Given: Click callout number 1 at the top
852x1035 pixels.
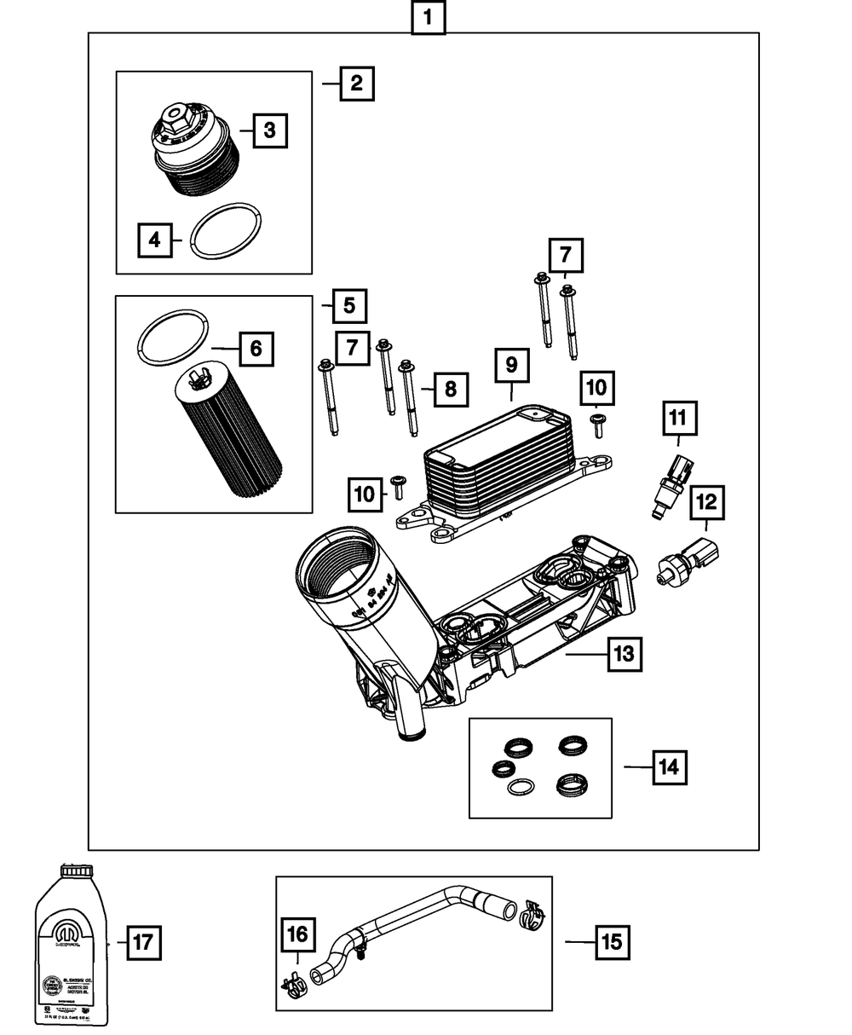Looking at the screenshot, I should point(428,17).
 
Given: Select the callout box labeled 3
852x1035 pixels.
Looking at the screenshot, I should point(269,130).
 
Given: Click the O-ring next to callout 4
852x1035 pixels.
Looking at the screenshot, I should point(225,231).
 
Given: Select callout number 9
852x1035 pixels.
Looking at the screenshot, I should point(511,365).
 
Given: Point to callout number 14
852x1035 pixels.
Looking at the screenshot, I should point(670,767).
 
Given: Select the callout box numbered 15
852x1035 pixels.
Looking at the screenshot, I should point(612,942).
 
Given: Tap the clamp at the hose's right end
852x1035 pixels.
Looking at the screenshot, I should point(531,916).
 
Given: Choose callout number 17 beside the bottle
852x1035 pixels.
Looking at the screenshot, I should point(143,943).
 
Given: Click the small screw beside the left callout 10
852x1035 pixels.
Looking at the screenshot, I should point(398,488).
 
